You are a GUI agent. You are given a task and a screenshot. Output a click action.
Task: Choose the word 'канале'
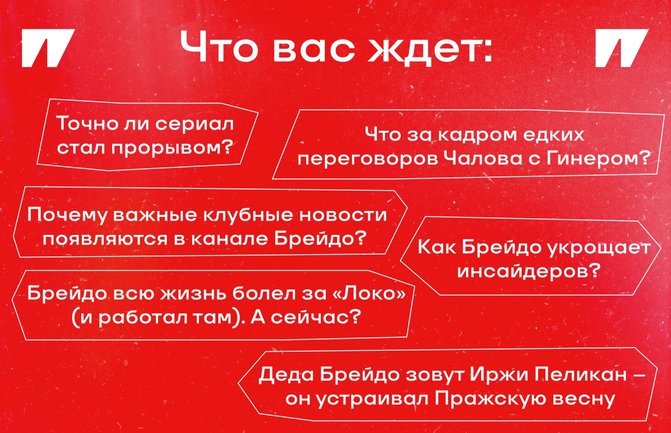[x=229, y=240]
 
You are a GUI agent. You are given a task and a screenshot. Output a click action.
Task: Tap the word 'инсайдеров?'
[x=529, y=271]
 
